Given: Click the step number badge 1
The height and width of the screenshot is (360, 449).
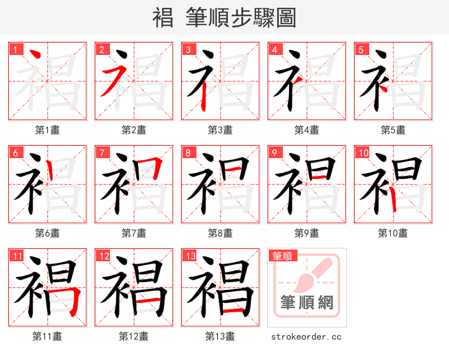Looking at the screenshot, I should pyautogui.click(x=15, y=49).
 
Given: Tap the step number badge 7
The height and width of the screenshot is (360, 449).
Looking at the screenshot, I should pyautogui.click(x=101, y=153).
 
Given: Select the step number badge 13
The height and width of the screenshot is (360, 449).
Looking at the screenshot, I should pyautogui.click(x=189, y=256).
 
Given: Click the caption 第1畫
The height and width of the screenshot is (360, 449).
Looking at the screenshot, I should pyautogui.click(x=48, y=130).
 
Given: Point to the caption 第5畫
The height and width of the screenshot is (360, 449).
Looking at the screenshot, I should pyautogui.click(x=393, y=130).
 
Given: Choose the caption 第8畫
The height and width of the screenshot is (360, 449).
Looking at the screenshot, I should pyautogui.click(x=220, y=233).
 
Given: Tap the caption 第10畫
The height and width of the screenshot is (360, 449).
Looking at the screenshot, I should pyautogui.click(x=393, y=233).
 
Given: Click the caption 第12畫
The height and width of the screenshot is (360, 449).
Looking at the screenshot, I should pyautogui.click(x=134, y=336).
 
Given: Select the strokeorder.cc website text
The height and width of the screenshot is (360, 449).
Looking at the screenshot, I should pyautogui.click(x=306, y=337).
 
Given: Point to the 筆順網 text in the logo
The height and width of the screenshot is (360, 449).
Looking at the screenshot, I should pyautogui.click(x=307, y=303).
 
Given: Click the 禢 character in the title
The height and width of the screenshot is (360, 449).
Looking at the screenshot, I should pyautogui.click(x=163, y=18).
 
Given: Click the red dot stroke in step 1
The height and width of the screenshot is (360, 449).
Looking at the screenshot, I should pyautogui.click(x=34, y=56).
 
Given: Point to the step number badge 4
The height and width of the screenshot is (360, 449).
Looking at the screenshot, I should pyautogui.click(x=275, y=49).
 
